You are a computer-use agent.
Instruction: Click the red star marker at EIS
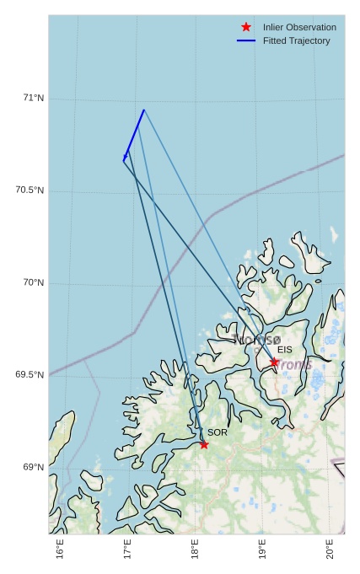coord(274,362)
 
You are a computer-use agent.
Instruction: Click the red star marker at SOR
coord(204,444)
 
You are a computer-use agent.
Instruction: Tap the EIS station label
coord(285,350)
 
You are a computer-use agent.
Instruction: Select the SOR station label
coord(218,432)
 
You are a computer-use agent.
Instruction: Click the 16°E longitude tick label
coord(61,550)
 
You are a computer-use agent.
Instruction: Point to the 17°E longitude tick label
coord(128,550)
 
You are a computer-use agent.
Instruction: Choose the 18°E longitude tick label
coord(196,550)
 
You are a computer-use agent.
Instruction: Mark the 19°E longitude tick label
coord(262,550)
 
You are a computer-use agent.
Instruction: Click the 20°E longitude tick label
coord(330,550)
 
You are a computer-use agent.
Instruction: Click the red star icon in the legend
coord(246,27)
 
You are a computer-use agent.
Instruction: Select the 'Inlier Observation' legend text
coord(299,28)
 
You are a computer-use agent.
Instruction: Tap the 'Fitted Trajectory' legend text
coord(297,40)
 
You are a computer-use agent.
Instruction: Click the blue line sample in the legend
coord(246,40)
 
